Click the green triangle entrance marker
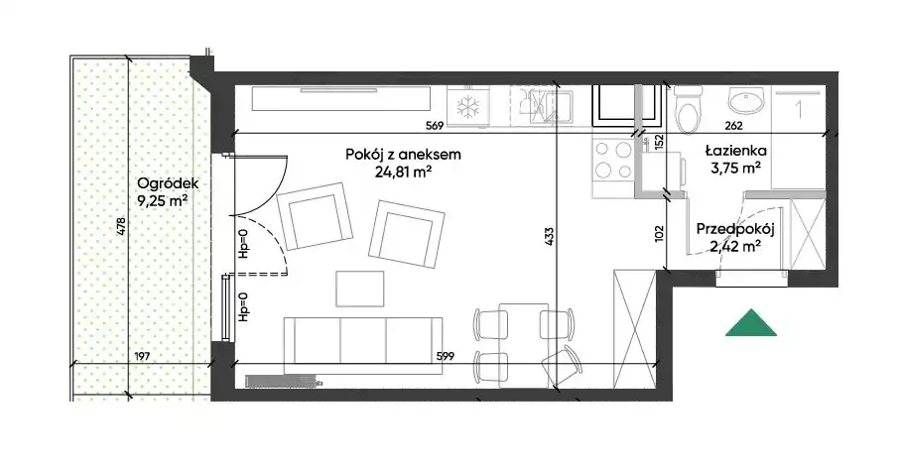click(x=751, y=324)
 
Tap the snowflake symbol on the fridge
click(x=466, y=107)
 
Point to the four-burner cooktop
click(x=613, y=160)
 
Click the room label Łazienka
click(x=736, y=151)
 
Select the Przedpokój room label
click(x=735, y=229)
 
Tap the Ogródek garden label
click(x=168, y=183)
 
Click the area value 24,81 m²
click(x=403, y=171)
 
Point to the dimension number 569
click(x=435, y=126)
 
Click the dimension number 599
click(x=445, y=356)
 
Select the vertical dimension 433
click(x=550, y=237)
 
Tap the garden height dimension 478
click(x=120, y=226)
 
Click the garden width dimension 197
click(x=142, y=356)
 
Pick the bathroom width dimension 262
click(x=733, y=126)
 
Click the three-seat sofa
click(x=363, y=339)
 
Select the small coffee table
click(x=360, y=289)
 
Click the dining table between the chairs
click(x=524, y=345)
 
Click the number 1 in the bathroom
click(x=798, y=109)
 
